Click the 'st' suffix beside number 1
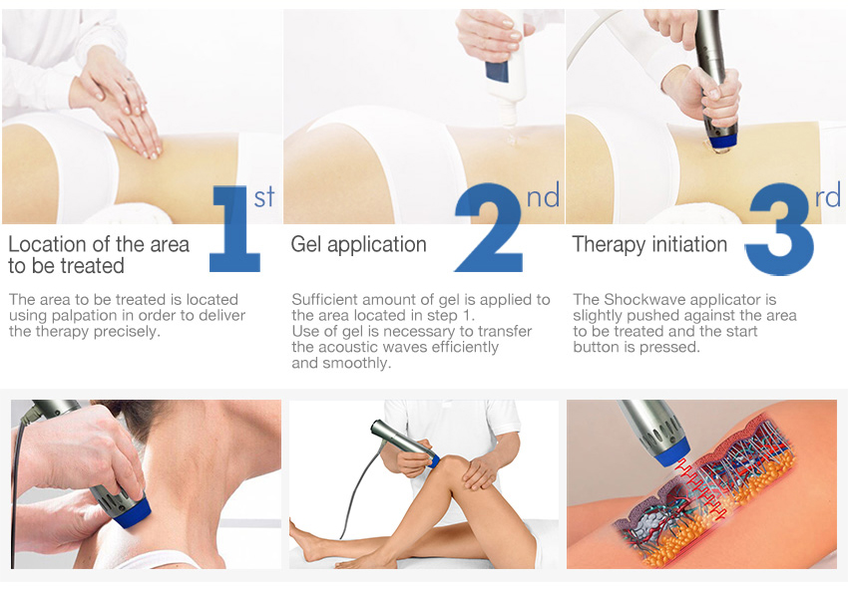click(264, 196)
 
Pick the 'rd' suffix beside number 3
click(828, 196)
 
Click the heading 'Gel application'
click(358, 245)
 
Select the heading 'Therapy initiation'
click(649, 245)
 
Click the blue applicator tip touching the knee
click(432, 458)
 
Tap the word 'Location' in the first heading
click(46, 245)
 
